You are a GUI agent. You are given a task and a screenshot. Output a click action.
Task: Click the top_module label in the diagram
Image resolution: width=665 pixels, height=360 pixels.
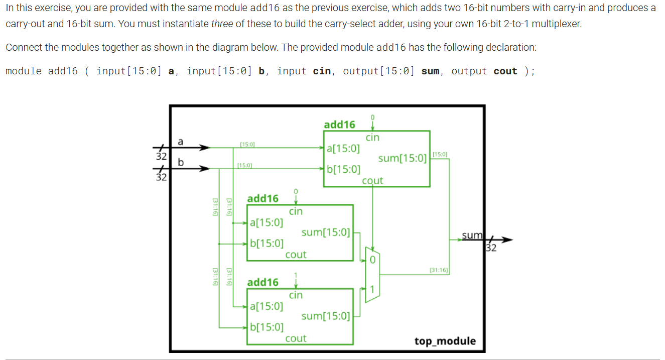coord(445,341)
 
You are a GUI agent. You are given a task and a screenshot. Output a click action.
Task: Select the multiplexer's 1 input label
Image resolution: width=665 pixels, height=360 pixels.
coord(372,289)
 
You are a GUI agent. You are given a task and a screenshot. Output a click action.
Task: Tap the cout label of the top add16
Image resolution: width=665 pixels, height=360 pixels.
coord(372,181)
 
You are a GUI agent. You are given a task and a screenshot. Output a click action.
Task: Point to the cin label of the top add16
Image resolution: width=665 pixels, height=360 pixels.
coord(372,138)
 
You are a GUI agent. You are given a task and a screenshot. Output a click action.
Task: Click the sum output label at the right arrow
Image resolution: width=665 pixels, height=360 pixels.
coord(472,235)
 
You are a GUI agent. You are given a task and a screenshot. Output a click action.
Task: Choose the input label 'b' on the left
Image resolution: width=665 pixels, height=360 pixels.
coord(181,162)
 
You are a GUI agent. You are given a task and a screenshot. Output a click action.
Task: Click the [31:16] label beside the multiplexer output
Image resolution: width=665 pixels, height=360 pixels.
coord(439,270)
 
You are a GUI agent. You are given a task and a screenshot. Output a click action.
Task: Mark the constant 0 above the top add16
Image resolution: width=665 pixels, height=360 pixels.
coord(372,117)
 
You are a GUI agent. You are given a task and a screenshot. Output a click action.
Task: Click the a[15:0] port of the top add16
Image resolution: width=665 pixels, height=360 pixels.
coord(343,148)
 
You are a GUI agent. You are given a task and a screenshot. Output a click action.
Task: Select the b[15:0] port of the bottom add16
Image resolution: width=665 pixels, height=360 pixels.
coord(267,327)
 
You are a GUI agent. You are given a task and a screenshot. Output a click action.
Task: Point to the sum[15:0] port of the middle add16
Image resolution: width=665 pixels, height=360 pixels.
coord(326,232)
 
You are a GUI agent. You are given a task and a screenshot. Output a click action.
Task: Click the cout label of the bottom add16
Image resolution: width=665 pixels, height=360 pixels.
coord(296,338)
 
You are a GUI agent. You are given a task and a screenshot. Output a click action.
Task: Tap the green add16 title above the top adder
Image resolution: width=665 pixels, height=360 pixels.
coord(339,125)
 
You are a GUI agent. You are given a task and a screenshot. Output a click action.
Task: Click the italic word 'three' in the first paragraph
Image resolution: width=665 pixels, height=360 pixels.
coord(222,24)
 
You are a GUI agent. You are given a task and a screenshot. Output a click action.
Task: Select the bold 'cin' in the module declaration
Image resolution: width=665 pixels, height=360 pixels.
coord(322,71)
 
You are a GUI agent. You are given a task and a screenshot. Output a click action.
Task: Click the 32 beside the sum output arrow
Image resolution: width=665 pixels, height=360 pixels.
coord(491,248)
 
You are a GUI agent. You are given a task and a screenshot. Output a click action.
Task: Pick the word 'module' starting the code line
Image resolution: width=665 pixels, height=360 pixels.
coord(24,71)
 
